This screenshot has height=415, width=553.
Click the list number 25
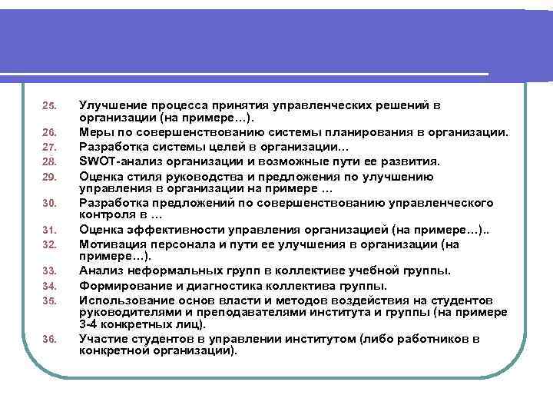point(49,105)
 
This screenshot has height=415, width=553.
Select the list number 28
point(49,162)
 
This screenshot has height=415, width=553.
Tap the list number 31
point(49,230)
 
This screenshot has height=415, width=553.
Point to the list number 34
point(49,286)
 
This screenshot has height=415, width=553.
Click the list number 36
point(49,338)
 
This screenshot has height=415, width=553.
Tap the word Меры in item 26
point(97,132)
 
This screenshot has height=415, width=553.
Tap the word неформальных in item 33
point(174,271)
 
